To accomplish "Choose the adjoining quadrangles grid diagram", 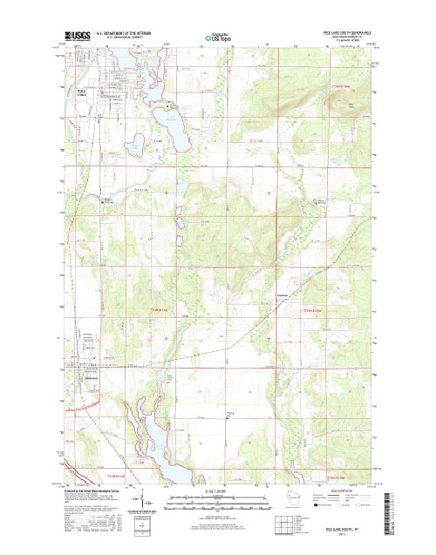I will pos(283,524).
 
